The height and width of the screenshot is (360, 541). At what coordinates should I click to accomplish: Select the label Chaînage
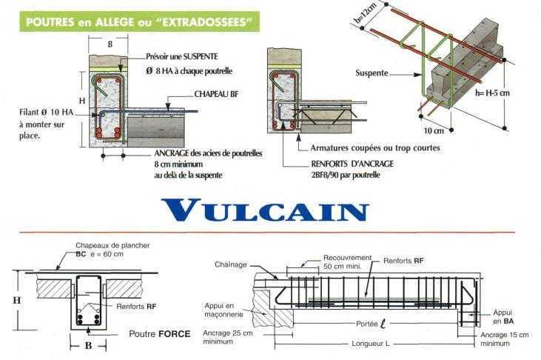[231, 264]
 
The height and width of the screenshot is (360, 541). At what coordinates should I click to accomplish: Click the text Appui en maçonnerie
[222, 310]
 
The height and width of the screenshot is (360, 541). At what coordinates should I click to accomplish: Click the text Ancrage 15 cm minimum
[503, 339]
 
